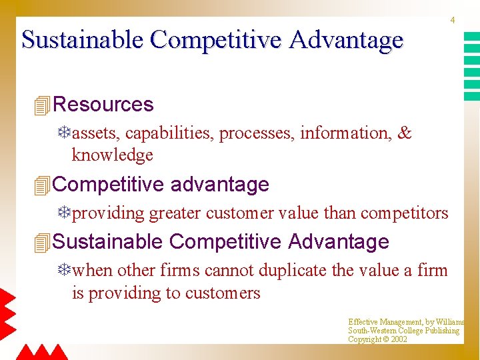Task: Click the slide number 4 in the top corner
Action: coord(453,21)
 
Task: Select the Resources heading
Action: coord(103,105)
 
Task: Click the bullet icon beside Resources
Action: coord(41,105)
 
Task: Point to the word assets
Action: coord(96,133)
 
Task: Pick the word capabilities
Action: coord(169,133)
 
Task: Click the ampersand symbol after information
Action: coord(405,133)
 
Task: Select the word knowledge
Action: coord(112,155)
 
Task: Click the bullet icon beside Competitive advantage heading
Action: coord(41,185)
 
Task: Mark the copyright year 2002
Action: coord(399,339)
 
